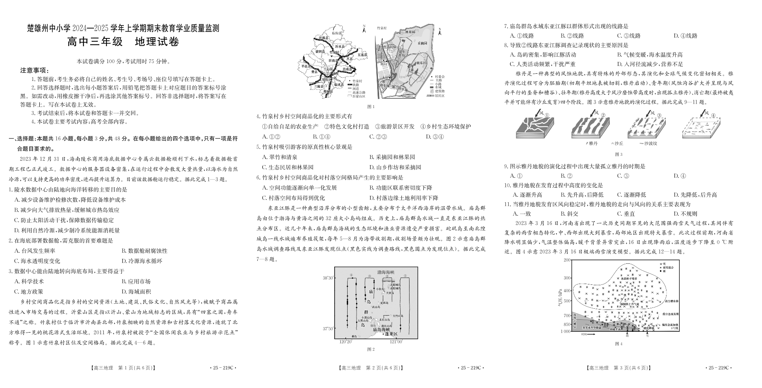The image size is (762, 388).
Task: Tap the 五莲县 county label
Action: tap(362, 54)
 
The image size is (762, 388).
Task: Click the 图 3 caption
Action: tap(618, 154)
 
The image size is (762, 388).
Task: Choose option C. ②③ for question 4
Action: tap(378, 137)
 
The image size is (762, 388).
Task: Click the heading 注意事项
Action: tap(35, 70)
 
